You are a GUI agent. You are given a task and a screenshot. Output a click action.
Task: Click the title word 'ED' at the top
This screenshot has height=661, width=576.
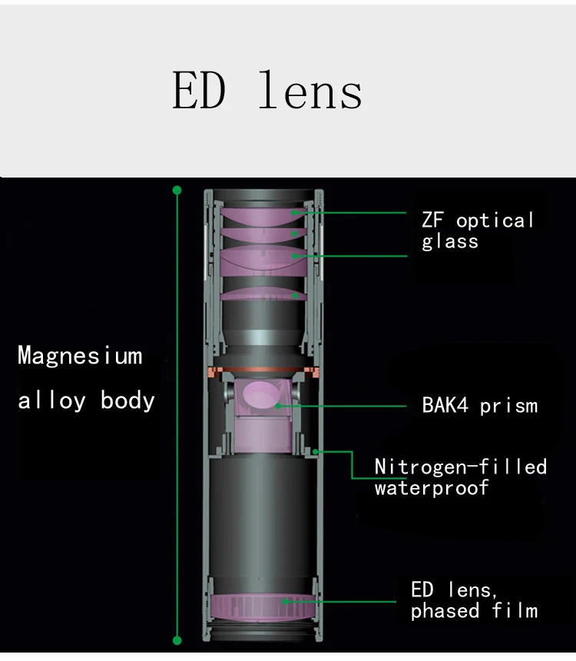pos(199,91)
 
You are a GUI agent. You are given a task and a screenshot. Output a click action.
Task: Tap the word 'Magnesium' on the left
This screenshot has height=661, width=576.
pos(80,357)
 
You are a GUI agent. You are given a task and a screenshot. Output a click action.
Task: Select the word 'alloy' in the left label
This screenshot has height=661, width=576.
pos(51,400)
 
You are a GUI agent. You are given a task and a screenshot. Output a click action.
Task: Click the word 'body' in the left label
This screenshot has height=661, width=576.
pos(127,400)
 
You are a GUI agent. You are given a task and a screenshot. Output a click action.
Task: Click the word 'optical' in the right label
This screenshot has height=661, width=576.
pos(495,221)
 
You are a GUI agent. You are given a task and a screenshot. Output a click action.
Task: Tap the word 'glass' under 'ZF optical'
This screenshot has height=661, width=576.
pos(450,241)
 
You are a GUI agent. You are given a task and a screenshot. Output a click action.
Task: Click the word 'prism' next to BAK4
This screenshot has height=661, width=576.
pos(509,405)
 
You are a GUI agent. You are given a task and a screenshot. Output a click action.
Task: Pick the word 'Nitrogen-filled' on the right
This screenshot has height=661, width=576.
pos(461,467)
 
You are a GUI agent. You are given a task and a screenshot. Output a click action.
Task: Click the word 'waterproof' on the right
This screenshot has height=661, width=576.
pos(432,487)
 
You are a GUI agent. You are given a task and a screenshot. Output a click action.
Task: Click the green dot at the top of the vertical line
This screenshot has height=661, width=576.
pos(177,189)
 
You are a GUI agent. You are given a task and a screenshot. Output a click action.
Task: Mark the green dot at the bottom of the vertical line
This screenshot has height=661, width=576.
pos(177,639)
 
